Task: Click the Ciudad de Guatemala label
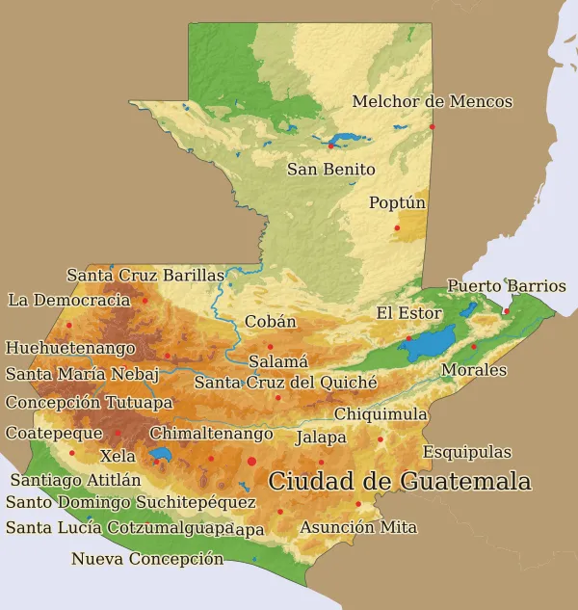coord(399,481)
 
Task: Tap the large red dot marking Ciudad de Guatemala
coord(252,462)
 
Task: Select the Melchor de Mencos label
coord(432,101)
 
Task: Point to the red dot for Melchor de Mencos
coord(433,126)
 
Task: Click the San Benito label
coord(330,170)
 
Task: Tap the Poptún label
coord(397,203)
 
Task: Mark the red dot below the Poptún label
coord(397,227)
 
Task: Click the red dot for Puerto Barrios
coord(506,310)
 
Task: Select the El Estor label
coord(408,313)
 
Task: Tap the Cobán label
coord(270,322)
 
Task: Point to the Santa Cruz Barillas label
coord(144,276)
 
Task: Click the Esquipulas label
coord(466,452)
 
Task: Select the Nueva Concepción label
coord(147,559)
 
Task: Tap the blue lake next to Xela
coord(160,453)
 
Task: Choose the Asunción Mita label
coord(357,527)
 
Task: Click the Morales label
coord(473,370)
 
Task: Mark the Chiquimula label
coord(381,414)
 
